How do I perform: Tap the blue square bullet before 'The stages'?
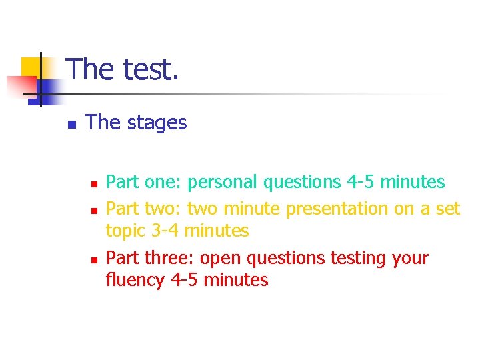point(71,124)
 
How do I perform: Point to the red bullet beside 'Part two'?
point(94,210)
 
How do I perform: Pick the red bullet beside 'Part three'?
point(94,259)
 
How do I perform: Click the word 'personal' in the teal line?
point(223,182)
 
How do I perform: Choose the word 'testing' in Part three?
point(356,258)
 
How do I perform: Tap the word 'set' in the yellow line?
point(447,209)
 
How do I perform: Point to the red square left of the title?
point(20,85)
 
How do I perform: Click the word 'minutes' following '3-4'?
point(216,231)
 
